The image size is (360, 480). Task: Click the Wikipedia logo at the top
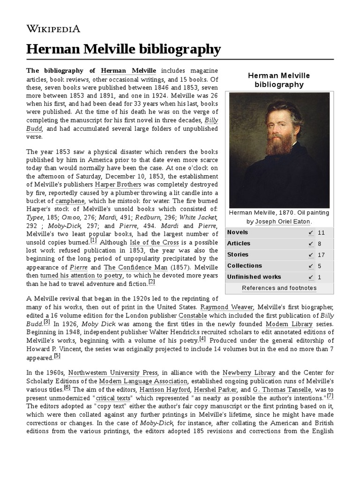point(53,29)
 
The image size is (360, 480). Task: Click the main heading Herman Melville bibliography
point(123,49)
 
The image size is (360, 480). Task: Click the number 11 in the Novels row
point(321,232)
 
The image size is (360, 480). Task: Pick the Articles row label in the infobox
point(239,244)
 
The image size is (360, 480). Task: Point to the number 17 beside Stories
point(321,255)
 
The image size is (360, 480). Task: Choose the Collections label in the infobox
point(244,266)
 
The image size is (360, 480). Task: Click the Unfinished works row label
point(254,277)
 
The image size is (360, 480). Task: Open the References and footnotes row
point(279,288)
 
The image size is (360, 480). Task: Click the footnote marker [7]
point(330,397)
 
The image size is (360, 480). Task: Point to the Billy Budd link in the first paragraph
point(211,120)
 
